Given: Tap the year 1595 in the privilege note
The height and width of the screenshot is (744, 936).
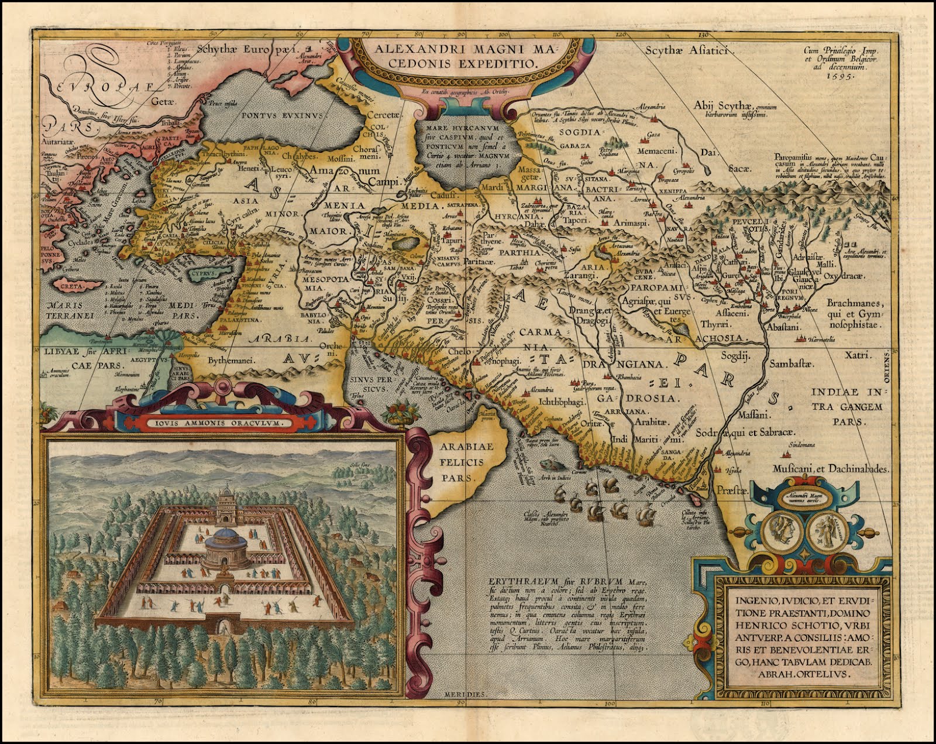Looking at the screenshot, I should (x=840, y=75).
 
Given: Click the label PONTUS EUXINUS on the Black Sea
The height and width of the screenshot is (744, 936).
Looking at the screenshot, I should (x=275, y=115).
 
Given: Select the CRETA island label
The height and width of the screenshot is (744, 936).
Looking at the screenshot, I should (x=71, y=286).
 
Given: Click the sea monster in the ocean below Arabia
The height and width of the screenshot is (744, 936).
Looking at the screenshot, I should (x=550, y=462).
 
